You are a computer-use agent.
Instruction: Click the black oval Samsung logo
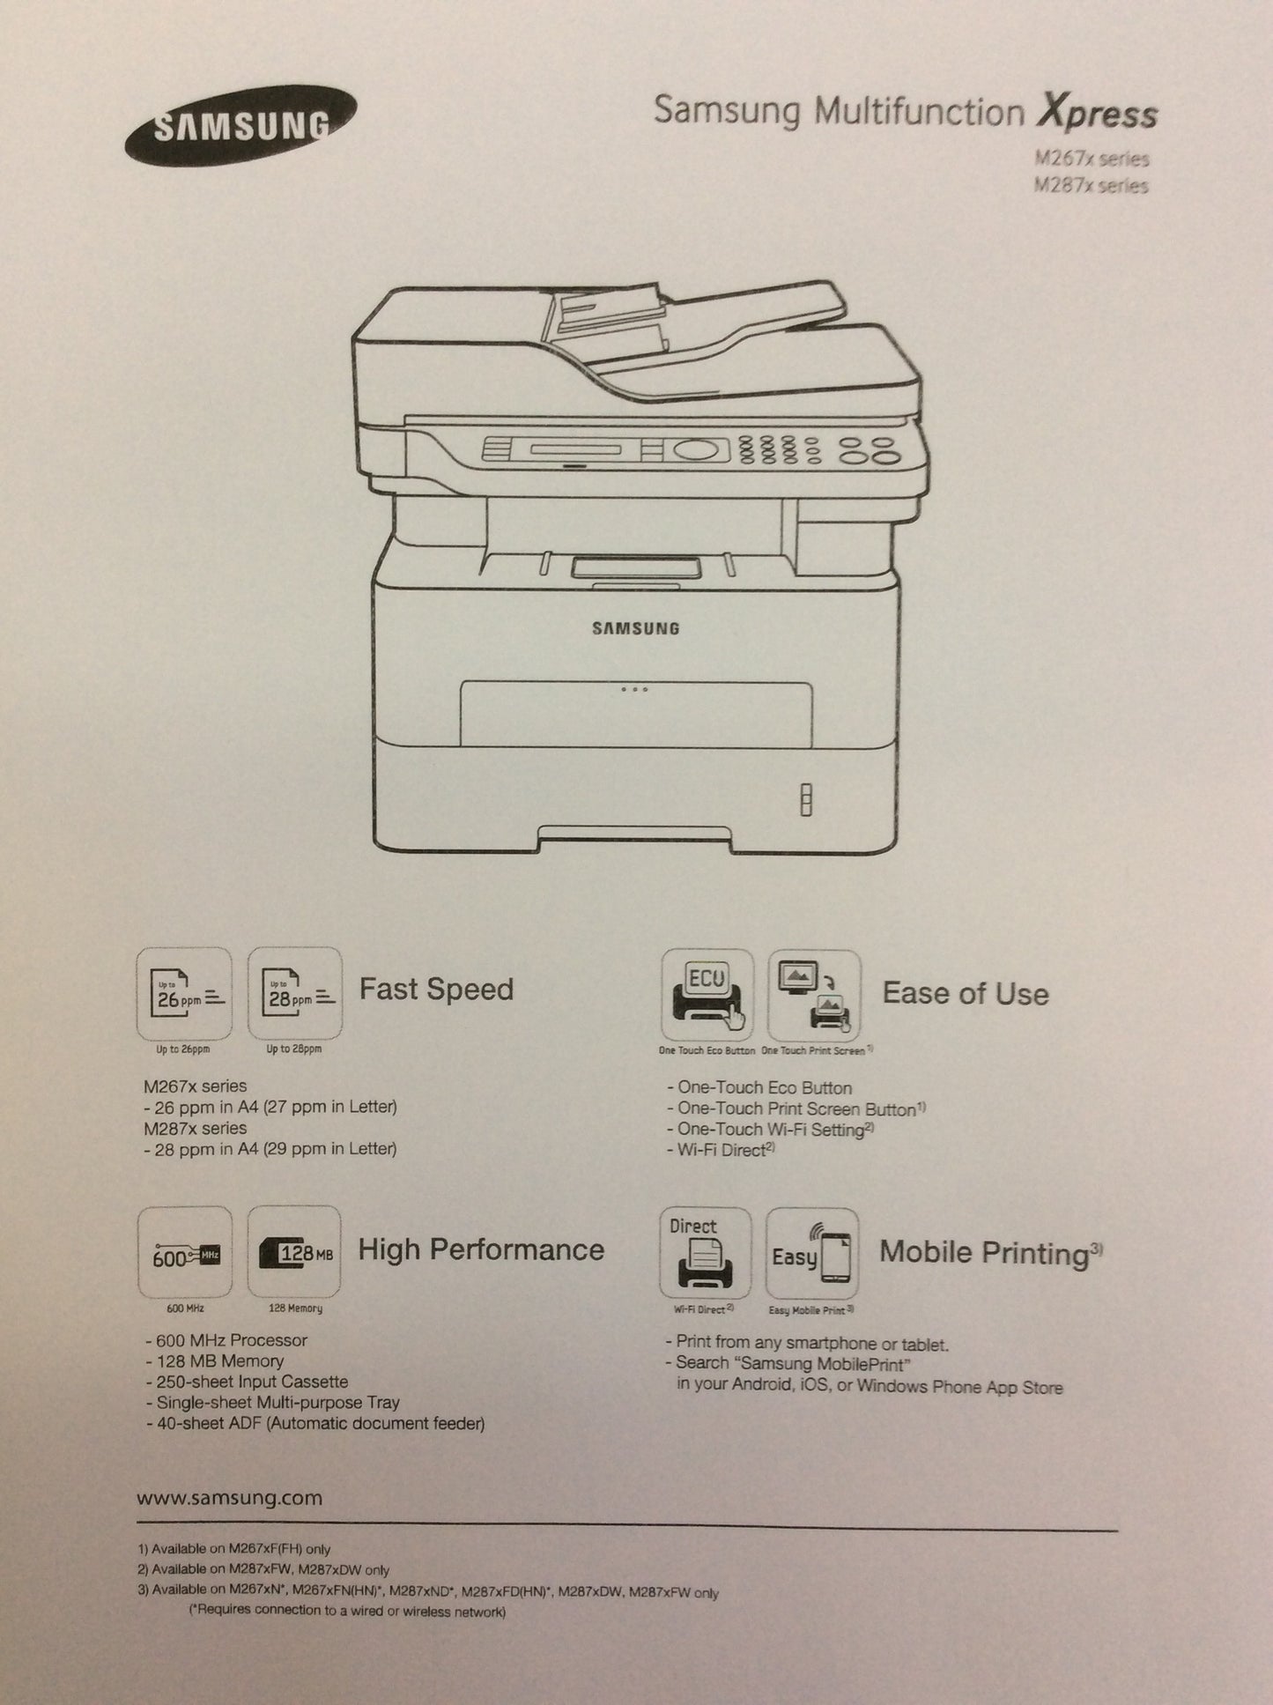(x=241, y=126)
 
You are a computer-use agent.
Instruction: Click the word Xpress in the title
(x=1097, y=113)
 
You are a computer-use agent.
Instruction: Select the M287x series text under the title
(x=1092, y=186)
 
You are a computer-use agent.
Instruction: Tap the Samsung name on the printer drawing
(x=635, y=628)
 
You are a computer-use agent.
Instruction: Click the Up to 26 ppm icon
(x=185, y=994)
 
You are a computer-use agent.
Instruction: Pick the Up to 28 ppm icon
(x=295, y=994)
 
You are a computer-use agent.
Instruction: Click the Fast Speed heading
(x=436, y=989)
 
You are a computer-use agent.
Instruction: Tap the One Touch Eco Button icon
(x=707, y=995)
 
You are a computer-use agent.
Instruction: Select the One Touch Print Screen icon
(x=814, y=996)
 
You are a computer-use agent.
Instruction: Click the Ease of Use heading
(x=966, y=993)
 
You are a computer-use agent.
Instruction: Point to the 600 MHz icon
(x=185, y=1253)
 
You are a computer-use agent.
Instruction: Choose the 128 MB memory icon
(x=294, y=1253)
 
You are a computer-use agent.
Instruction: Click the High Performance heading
(x=481, y=1249)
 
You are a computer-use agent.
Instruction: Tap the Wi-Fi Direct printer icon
(x=705, y=1253)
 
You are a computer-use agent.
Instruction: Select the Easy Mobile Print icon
(x=811, y=1254)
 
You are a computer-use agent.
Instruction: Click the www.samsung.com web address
(x=230, y=1498)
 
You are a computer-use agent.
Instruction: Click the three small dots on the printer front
(x=634, y=689)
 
